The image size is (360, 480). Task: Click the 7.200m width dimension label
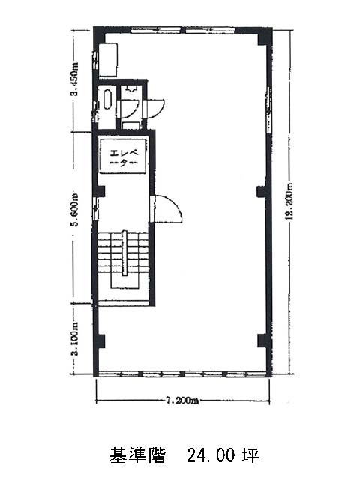click(x=181, y=400)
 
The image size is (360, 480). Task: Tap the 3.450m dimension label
click(x=74, y=79)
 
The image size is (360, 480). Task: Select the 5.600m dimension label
click(x=74, y=209)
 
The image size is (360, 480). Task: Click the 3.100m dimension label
click(x=74, y=338)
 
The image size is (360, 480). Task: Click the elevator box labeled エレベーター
click(x=122, y=156)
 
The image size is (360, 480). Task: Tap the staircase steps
click(x=123, y=253)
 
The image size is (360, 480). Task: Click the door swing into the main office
click(x=166, y=208)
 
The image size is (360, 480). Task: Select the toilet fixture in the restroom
click(x=130, y=89)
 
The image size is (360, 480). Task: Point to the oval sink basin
click(x=107, y=98)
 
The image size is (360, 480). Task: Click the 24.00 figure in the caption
click(x=211, y=455)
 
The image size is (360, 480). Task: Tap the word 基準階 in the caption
click(x=138, y=455)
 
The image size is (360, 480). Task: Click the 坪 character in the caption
click(x=251, y=455)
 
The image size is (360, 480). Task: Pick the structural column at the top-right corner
click(x=264, y=37)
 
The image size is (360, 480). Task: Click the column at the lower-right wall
click(x=263, y=340)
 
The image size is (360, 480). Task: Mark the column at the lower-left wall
click(x=100, y=340)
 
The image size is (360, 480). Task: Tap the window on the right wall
click(x=269, y=109)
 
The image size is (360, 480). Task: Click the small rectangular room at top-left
click(x=108, y=60)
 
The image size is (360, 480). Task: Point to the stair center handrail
click(x=124, y=253)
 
